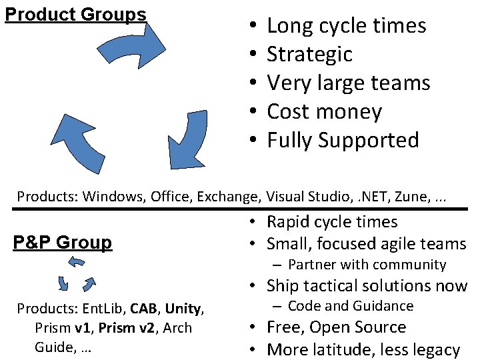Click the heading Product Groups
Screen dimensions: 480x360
pyautogui.click(x=75, y=14)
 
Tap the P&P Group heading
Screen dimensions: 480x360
pyautogui.click(x=63, y=242)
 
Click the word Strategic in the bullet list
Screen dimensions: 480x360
pyautogui.click(x=309, y=54)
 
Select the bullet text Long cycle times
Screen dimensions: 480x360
pyautogui.click(x=346, y=25)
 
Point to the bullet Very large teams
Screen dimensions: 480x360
pyautogui.click(x=348, y=83)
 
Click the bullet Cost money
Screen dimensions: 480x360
pyautogui.click(x=324, y=111)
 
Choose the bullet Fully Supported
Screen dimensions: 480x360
pyautogui.click(x=343, y=140)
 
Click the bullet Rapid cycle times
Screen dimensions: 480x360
pyautogui.click(x=332, y=222)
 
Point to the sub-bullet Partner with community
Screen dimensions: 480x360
pyautogui.click(x=367, y=265)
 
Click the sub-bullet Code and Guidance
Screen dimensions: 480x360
pyautogui.click(x=351, y=306)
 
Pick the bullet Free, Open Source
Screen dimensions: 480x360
pyautogui.click(x=336, y=327)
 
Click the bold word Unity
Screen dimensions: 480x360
pyautogui.click(x=183, y=309)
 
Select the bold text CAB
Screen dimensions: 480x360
pyautogui.click(x=144, y=309)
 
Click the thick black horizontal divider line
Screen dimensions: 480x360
pyautogui.click(x=240, y=209)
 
